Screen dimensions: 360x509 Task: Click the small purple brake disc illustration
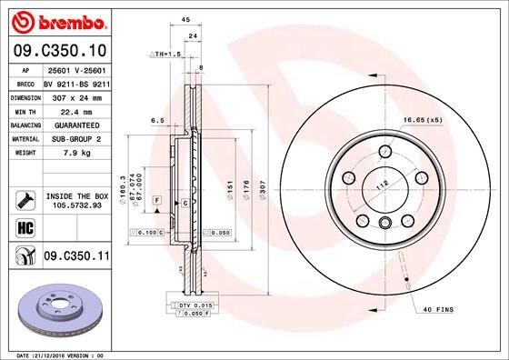pyautogui.click(x=59, y=311)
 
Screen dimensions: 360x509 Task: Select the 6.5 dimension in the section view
pyautogui.click(x=156, y=120)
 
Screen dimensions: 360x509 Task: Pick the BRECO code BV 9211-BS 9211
pyautogui.click(x=75, y=82)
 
